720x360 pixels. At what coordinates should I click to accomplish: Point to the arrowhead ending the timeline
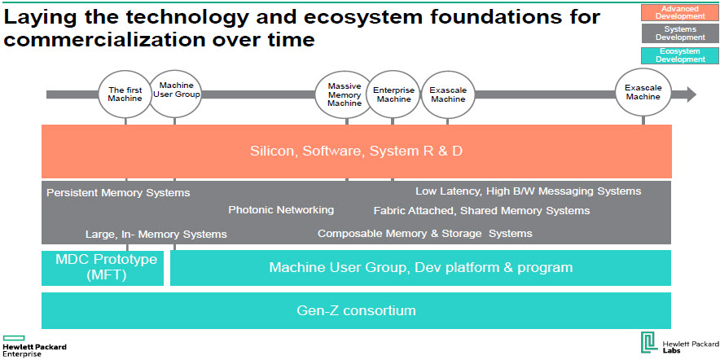(x=691, y=94)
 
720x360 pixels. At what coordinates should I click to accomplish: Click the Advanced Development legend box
(x=680, y=13)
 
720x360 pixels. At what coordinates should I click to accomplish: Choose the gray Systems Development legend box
(x=680, y=33)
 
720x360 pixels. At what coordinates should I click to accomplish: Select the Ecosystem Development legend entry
(x=680, y=55)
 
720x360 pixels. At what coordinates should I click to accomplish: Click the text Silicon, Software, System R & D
(x=356, y=151)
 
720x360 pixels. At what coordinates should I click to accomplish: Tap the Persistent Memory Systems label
(x=118, y=193)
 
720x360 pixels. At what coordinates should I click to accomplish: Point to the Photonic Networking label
(x=281, y=210)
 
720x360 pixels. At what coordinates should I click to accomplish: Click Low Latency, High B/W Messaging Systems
(x=528, y=191)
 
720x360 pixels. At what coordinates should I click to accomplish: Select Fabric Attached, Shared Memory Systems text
(x=481, y=211)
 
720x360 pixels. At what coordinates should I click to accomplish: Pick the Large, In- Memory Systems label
(x=156, y=235)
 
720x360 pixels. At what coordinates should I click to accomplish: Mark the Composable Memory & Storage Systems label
(x=424, y=233)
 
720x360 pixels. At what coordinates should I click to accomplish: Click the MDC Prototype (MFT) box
(x=103, y=268)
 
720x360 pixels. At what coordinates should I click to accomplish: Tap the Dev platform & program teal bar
(x=420, y=268)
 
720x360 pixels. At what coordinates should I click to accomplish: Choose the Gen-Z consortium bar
(x=356, y=310)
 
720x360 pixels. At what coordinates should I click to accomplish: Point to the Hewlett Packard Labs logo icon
(x=650, y=343)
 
